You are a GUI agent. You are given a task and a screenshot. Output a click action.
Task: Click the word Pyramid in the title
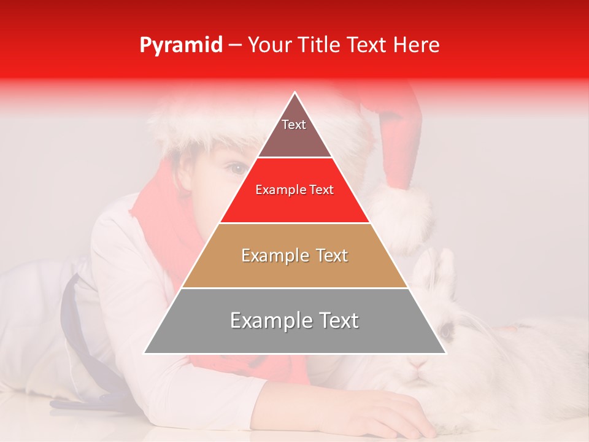181,45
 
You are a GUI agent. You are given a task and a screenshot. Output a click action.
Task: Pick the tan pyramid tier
294,255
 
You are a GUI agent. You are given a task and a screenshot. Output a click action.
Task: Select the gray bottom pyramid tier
294,321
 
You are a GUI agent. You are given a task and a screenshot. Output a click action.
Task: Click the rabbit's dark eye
446,332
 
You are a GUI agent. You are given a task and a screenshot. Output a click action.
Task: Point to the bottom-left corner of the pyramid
144,353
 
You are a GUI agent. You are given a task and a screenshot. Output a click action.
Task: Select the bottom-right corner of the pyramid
445,353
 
